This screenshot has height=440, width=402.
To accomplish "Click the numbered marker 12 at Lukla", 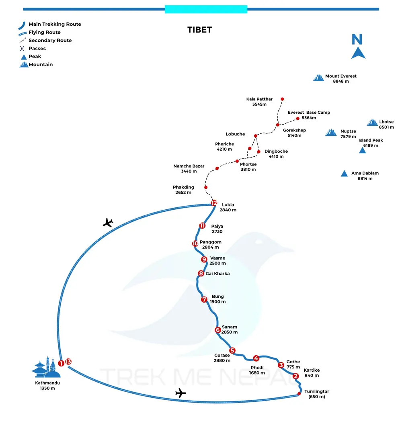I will coord(214,203).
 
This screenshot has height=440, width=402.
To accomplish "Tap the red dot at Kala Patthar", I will coord(282,99).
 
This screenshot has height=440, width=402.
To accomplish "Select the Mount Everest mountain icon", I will coord(318,77).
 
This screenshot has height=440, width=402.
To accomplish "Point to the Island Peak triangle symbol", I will coord(362,150).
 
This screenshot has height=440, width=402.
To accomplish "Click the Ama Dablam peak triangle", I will coord(344,174).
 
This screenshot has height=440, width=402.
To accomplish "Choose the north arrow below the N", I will coord(358,53).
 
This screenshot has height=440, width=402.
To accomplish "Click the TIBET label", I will coord(199,30).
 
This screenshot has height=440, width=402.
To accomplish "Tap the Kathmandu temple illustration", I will coord(46,368).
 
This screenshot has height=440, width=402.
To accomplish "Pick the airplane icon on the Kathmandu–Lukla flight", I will coord(108,222).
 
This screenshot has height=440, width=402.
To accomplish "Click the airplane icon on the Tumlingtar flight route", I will coord(181,393).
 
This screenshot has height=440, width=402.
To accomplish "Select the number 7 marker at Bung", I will coord(204,299).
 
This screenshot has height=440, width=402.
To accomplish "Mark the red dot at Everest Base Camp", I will coord(297,118).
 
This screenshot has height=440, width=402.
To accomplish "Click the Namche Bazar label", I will coord(189,166).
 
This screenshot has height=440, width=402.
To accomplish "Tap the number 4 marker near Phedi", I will coord(256,358).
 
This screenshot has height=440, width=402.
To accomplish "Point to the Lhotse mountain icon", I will coord(372,123).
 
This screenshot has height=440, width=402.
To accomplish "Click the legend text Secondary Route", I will coord(50,40).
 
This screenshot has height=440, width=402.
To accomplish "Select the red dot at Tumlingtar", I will coord(299,393).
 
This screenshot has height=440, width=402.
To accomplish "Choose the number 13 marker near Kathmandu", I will coord(68,362).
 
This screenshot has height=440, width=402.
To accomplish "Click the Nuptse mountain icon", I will coord(331,132).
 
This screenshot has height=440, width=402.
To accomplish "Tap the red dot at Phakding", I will coord(206,187).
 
